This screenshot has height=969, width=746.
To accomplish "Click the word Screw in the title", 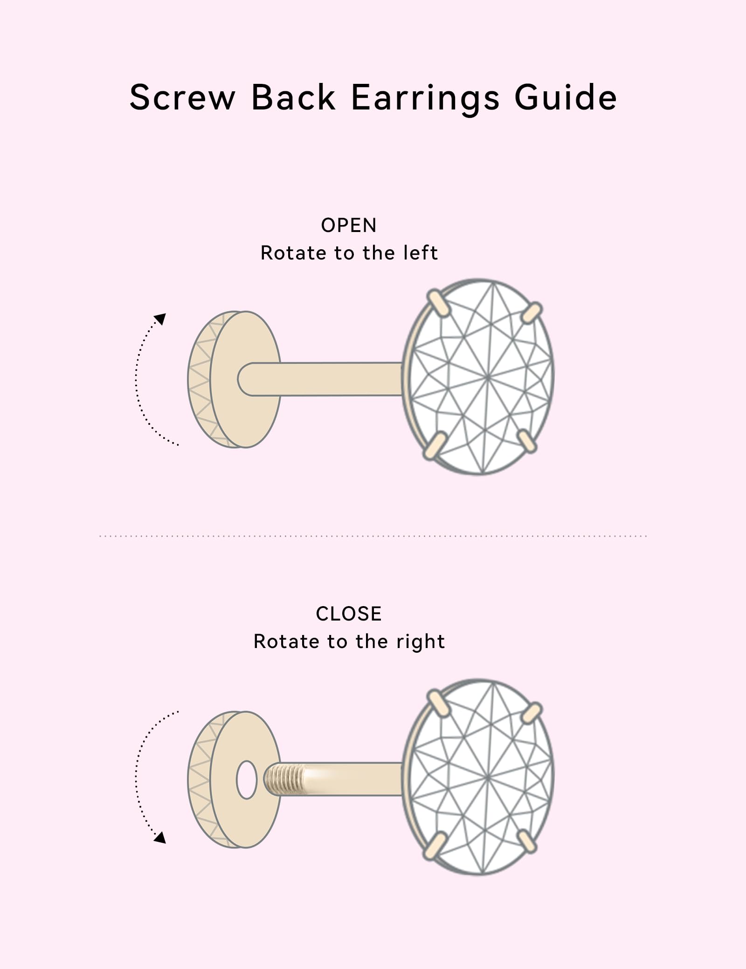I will (x=182, y=98).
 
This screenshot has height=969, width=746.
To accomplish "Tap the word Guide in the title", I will (x=566, y=99).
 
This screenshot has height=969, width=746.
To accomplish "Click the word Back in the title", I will (x=293, y=98).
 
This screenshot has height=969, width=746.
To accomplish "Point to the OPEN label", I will (x=348, y=225).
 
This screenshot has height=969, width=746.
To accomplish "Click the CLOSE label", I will (x=349, y=614).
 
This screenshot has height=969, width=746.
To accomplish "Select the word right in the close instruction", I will (x=421, y=641).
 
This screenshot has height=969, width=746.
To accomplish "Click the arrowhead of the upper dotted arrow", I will (x=160, y=319).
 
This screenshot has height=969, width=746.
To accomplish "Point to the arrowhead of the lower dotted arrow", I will (x=160, y=837).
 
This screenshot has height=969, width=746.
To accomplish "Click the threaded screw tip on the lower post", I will (x=282, y=779).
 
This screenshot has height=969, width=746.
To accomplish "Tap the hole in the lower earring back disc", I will (x=247, y=779).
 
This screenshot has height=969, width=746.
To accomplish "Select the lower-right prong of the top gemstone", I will (x=527, y=441).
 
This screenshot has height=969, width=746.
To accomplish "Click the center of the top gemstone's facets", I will (x=488, y=378).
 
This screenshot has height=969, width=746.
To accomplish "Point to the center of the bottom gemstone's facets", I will (x=488, y=778).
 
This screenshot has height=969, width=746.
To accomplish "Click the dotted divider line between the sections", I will (x=373, y=536).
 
